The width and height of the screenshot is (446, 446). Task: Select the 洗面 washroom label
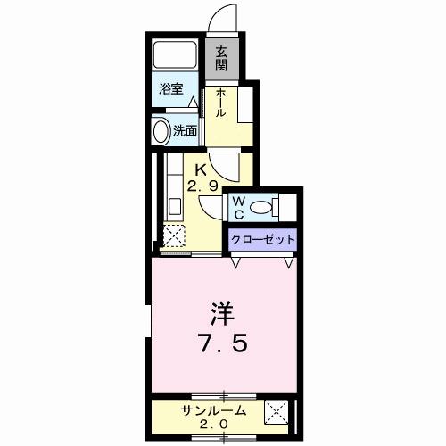[185, 130]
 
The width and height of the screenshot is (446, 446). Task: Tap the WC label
[238, 207]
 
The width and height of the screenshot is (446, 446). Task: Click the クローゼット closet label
[262, 239]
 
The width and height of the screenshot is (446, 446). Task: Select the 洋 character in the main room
[221, 314]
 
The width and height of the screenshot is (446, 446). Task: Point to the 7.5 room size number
[223, 343]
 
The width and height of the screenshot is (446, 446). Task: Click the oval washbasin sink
[161, 132]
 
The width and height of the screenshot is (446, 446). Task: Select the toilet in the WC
[264, 208]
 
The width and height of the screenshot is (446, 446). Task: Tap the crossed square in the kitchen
[173, 235]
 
